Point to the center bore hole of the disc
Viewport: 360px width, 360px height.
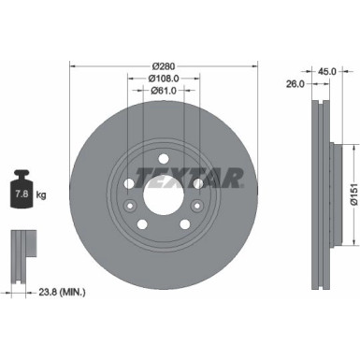(165, 205)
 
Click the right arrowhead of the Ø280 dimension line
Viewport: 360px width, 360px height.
(256, 66)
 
